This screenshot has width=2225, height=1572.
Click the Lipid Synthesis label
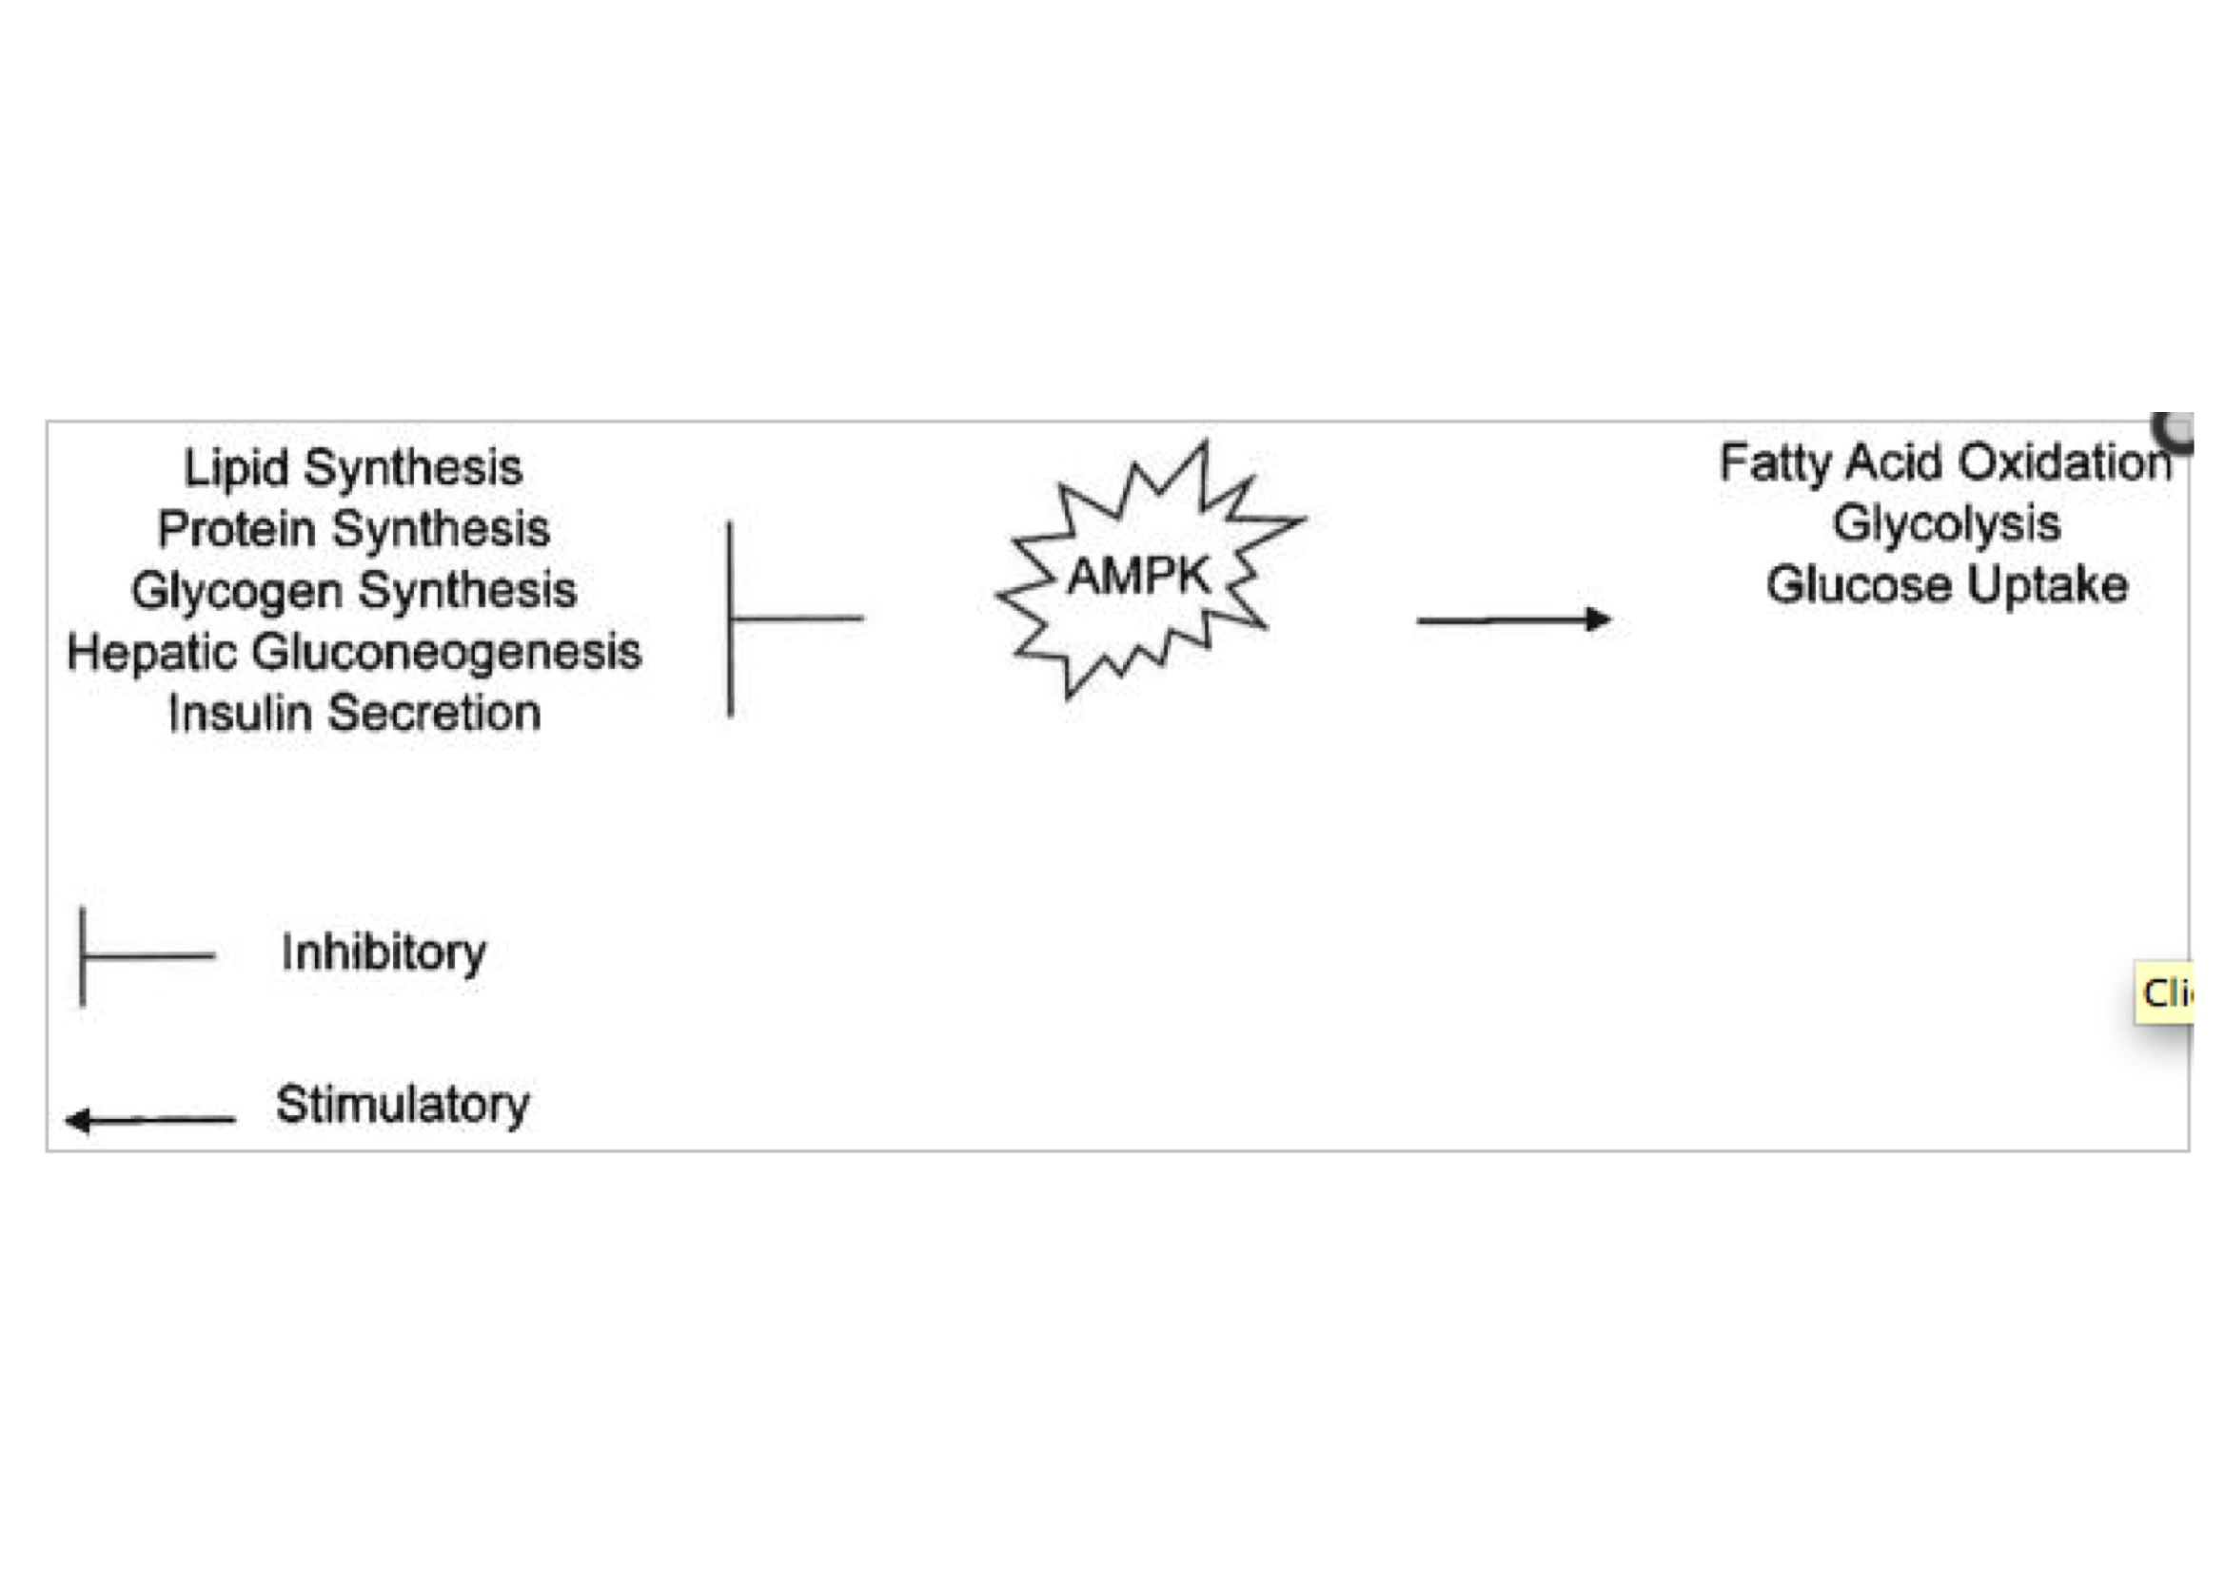353,468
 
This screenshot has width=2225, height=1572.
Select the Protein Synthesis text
354,529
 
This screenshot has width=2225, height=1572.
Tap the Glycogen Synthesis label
354,590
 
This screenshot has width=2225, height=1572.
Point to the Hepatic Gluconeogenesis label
354,652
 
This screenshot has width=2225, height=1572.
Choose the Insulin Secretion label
354,714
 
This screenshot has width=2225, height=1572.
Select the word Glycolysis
1946,524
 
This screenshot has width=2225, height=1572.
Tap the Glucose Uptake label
1946,585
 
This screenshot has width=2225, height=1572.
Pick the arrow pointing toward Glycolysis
1512,619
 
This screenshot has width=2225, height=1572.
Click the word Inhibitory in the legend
383,953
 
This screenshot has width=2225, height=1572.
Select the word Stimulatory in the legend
403,1104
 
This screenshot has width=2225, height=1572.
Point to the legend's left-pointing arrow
150,1119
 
